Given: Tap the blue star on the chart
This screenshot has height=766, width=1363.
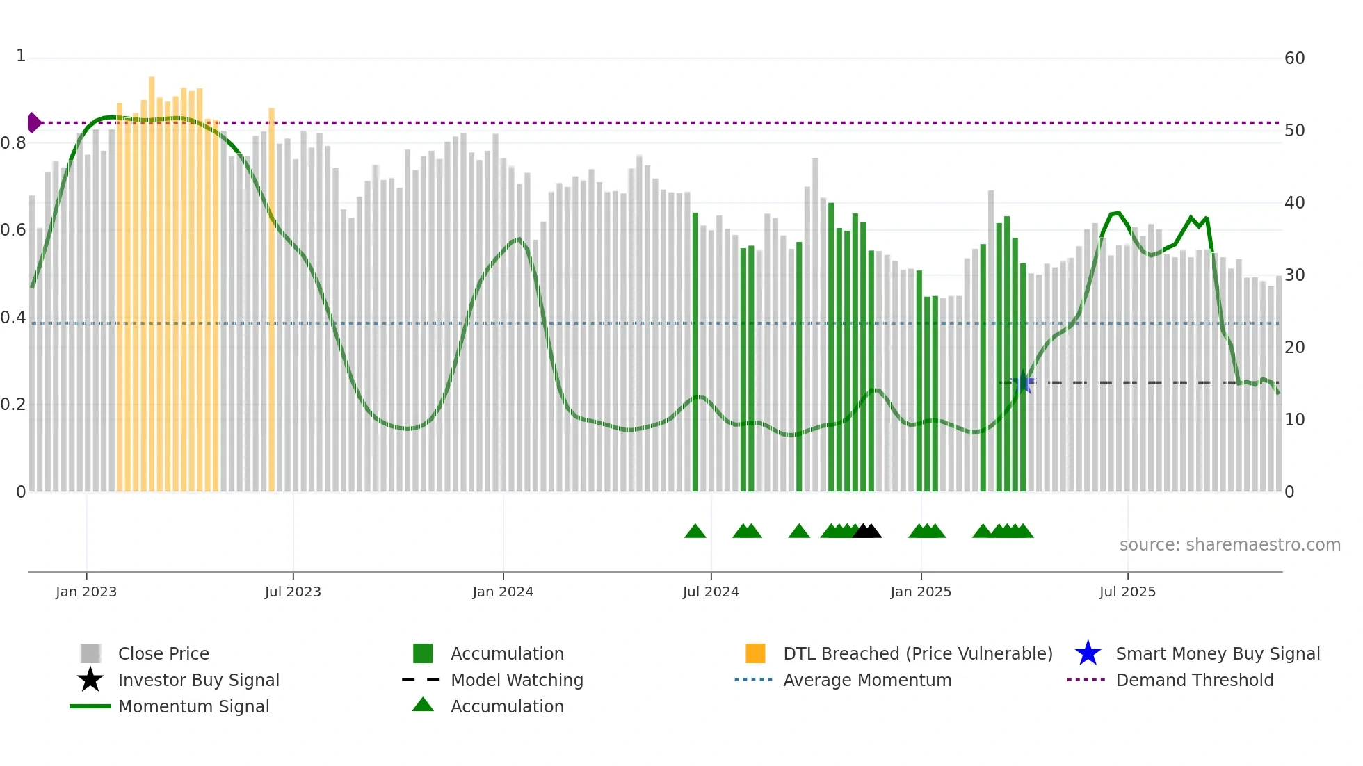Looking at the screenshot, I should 1024,383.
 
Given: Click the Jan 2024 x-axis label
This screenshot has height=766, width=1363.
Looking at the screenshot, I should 503,592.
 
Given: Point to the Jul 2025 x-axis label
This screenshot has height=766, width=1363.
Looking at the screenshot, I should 1127,592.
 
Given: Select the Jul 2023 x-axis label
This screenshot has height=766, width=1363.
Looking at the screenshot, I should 293,592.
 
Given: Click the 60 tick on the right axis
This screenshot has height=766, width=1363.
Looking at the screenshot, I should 1294,58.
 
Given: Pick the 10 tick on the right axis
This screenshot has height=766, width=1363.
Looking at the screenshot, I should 1294,420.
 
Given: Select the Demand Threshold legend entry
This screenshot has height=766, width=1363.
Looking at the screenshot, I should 1194,680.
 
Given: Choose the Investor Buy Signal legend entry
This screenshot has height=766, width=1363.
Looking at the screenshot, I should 198,680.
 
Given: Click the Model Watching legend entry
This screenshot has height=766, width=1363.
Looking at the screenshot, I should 516,680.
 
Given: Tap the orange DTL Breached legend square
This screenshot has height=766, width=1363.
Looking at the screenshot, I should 755,653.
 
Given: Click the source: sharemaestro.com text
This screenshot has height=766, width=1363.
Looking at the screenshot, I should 1229,545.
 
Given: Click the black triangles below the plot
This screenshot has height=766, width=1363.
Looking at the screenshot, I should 866,531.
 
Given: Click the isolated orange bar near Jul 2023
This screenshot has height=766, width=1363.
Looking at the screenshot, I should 272,299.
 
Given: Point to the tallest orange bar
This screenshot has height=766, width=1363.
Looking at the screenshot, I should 152,278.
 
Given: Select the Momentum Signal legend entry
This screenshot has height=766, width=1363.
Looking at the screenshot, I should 193,706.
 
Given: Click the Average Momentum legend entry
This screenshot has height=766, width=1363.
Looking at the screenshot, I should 866,680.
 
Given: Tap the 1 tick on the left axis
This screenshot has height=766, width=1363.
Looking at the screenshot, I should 21,56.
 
